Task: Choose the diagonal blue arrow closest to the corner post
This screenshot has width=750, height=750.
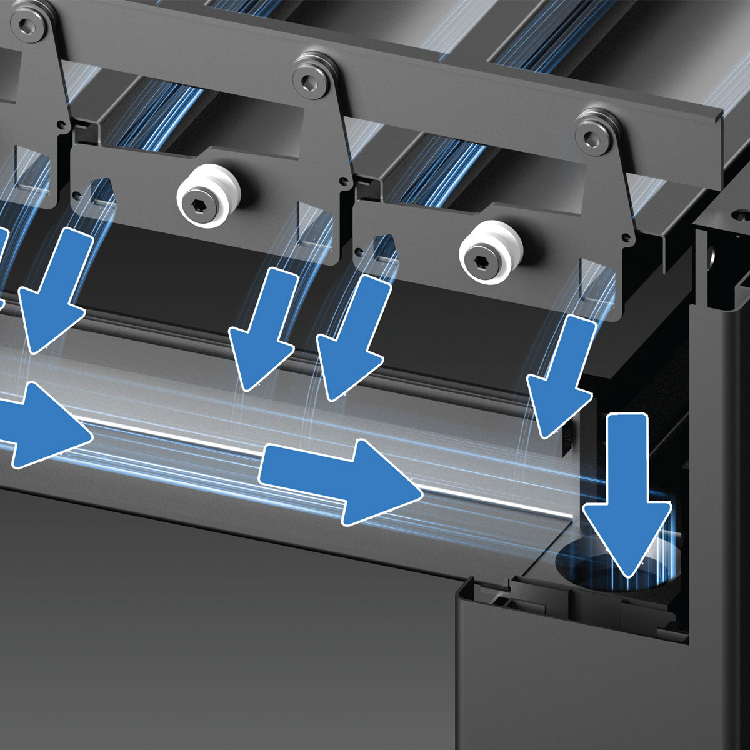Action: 559,375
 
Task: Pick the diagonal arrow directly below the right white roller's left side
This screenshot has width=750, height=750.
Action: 350,337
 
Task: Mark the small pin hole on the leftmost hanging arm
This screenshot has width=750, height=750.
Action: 61,125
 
